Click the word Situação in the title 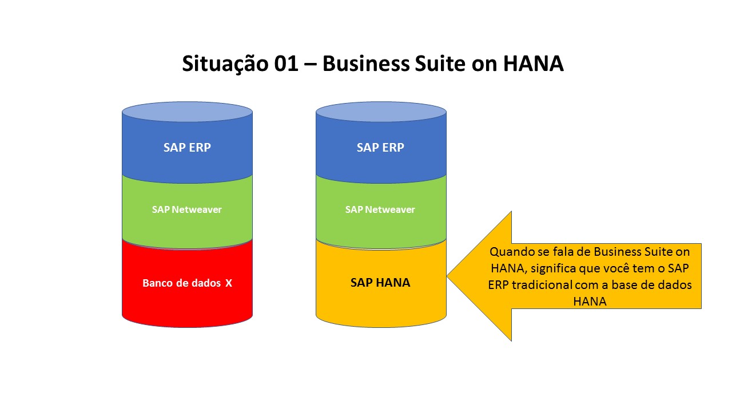[225, 64]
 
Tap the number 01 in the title [286, 63]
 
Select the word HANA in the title [534, 63]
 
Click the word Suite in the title [440, 63]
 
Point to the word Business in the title [365, 63]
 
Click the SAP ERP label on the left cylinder [187, 148]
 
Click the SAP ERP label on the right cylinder [380, 148]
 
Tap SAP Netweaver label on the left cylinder [187, 209]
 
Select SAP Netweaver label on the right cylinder [380, 209]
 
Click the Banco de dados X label [187, 283]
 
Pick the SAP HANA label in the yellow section [380, 283]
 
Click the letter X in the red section [229, 283]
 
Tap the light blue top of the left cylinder [187, 112]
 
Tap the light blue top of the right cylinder [381, 112]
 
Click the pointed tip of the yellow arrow [447, 276]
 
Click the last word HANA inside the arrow [590, 302]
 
